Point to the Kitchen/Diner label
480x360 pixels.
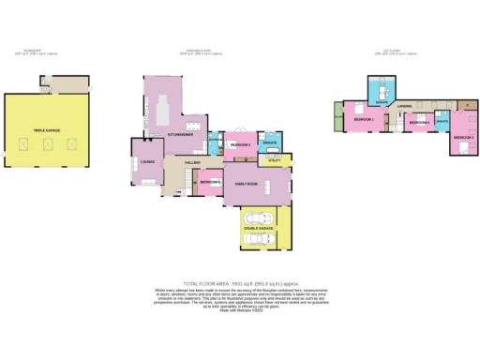pyautogui.click(x=180, y=134)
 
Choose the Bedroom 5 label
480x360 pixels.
pyautogui.click(x=211, y=181)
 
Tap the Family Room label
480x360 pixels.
pyautogui.click(x=247, y=184)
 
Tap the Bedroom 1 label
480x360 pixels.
pyautogui.click(x=363, y=120)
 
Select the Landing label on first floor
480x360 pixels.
pyautogui.click(x=405, y=106)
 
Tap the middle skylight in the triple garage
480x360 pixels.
pyautogui.click(x=48, y=143)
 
